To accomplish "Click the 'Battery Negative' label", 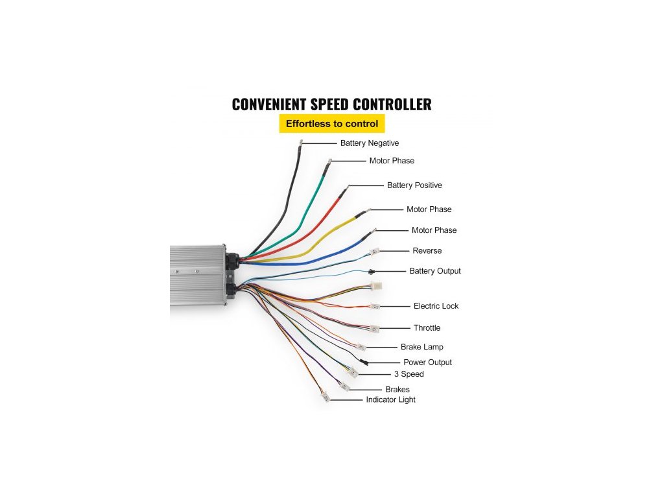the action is pyautogui.click(x=369, y=143).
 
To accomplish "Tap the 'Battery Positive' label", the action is pyautogui.click(x=414, y=185).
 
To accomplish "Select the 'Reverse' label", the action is pyautogui.click(x=427, y=251).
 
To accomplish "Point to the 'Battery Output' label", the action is pyautogui.click(x=434, y=271).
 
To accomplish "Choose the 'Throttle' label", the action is pyautogui.click(x=427, y=328).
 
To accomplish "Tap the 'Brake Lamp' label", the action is pyautogui.click(x=421, y=348).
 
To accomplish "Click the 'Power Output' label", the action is pyautogui.click(x=427, y=362).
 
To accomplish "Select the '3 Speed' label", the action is pyautogui.click(x=409, y=374).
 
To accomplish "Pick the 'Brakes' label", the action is pyautogui.click(x=397, y=390).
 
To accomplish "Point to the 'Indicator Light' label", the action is pyautogui.click(x=390, y=400).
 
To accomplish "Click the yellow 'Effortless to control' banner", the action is pyautogui.click(x=332, y=123).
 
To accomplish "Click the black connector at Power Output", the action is pyautogui.click(x=364, y=361).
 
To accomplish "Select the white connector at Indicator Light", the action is pyautogui.click(x=326, y=396).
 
